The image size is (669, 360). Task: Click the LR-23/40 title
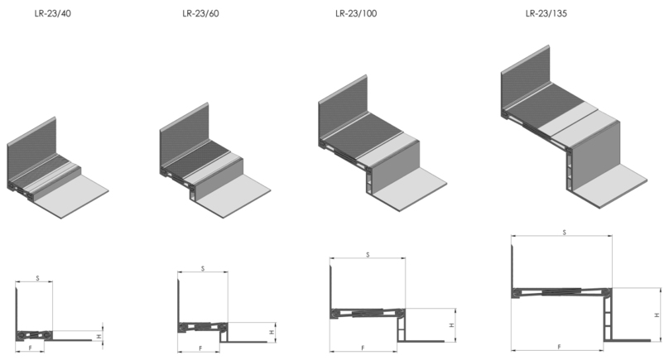point(53,13)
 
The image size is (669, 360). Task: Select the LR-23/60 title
point(200,13)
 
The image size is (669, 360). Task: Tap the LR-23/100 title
point(356,13)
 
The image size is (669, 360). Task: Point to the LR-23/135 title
point(546,13)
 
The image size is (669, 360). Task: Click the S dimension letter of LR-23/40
point(37,279)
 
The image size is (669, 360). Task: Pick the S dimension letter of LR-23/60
point(203,269)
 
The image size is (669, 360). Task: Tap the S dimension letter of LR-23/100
point(368,255)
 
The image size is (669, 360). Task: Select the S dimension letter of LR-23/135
point(564,233)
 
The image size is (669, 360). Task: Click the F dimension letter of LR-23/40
point(31,348)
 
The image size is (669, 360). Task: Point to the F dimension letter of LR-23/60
point(200,348)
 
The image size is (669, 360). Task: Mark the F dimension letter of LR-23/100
point(363,348)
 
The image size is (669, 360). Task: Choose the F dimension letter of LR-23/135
point(559,348)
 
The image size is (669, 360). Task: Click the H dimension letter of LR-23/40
point(99,337)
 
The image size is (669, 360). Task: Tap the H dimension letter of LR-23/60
point(272,332)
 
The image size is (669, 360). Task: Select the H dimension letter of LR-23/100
point(452,325)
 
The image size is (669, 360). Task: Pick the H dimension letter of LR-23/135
point(657,314)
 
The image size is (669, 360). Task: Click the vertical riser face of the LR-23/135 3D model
point(597,156)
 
